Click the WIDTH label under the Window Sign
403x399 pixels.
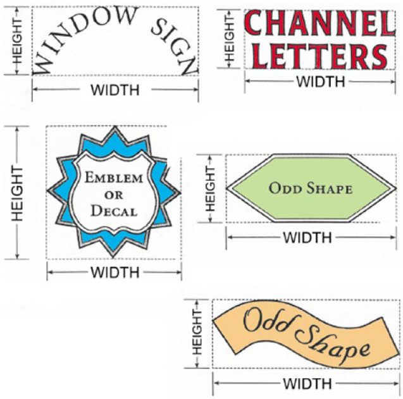(115, 90)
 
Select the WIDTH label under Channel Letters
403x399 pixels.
(321, 81)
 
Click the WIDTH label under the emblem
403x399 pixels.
(115, 273)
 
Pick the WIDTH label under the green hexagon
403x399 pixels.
(307, 238)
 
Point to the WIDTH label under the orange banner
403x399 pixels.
(307, 384)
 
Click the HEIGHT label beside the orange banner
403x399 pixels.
(197, 333)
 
